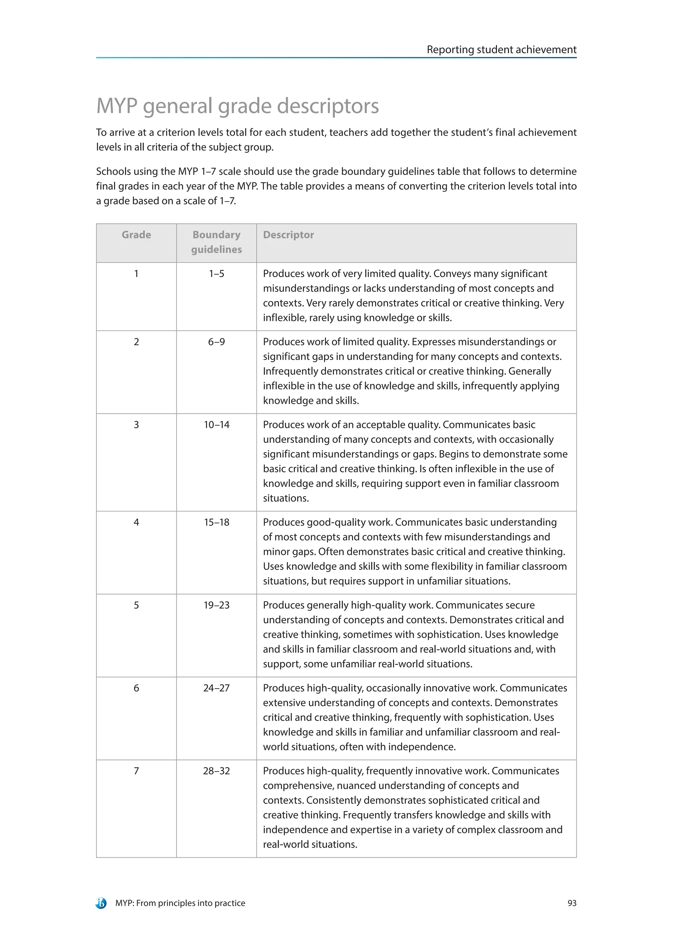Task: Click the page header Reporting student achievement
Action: click(501, 50)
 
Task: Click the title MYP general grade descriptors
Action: click(238, 106)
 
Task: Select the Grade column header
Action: click(136, 235)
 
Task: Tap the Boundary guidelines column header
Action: click(216, 242)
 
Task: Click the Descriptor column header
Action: click(289, 235)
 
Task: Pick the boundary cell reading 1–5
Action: click(216, 274)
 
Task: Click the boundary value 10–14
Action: click(216, 425)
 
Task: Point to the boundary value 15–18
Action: click(216, 522)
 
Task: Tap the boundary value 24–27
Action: click(216, 688)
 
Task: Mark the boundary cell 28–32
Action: click(216, 771)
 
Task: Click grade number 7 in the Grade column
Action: click(136, 771)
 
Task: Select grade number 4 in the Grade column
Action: click(136, 522)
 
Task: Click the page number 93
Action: click(571, 903)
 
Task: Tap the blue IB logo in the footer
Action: click(101, 903)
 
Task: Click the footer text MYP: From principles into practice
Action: click(180, 903)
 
